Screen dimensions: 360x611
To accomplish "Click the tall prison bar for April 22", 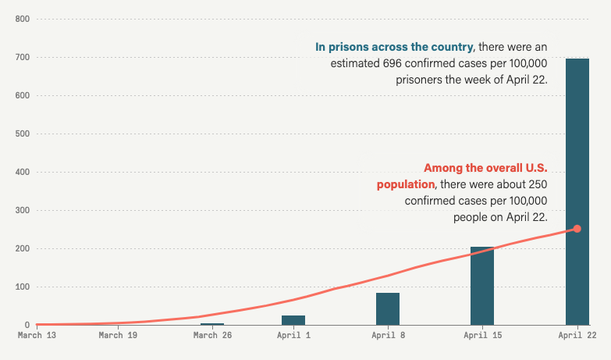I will coord(577,191).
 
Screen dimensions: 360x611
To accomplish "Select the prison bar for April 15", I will coord(482,286).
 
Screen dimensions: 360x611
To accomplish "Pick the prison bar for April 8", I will coord(388,309).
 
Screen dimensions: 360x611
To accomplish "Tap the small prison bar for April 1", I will coord(293,320).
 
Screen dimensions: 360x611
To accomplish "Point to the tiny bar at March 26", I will coord(212,323).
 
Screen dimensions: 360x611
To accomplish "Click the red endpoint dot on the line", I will coord(577,229).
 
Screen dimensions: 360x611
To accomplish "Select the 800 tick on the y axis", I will coord(22,19).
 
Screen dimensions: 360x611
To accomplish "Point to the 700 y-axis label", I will coord(22,57).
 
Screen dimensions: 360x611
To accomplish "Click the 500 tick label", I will coord(22,134).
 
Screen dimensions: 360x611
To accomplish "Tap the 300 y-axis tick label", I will coord(22,210).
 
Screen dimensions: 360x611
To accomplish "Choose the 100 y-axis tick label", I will coord(22,287).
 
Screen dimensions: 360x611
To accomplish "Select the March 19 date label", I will coord(118,336).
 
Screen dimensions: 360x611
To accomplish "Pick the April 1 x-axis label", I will coord(293,336).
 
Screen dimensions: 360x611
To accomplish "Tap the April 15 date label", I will coord(482,336).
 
